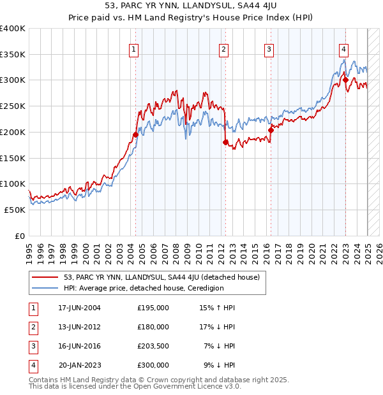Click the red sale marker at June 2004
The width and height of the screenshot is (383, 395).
click(136, 134)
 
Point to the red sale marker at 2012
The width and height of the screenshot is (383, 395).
click(225, 142)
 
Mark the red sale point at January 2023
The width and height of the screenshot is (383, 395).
click(345, 80)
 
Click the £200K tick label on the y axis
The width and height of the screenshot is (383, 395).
click(13, 132)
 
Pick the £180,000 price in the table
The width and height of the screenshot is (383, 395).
click(153, 327)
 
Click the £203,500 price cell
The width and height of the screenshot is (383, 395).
click(153, 346)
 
